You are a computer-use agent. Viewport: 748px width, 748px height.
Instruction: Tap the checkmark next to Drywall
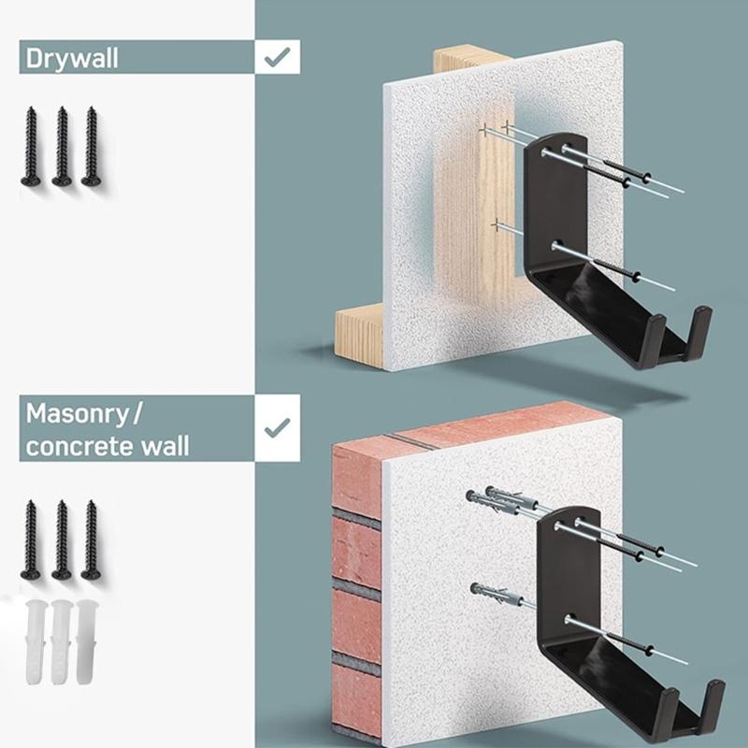click(276, 57)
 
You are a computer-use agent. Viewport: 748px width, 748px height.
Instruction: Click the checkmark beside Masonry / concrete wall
click(277, 427)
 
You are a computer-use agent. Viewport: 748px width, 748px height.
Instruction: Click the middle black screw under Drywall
click(62, 146)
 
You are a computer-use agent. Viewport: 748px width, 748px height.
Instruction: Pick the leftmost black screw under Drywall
click(31, 146)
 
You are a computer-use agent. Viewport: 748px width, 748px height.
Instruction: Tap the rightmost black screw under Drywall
click(91, 146)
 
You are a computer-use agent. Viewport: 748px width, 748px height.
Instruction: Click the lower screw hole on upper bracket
click(558, 247)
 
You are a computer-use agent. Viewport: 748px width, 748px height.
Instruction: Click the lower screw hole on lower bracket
click(570, 620)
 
